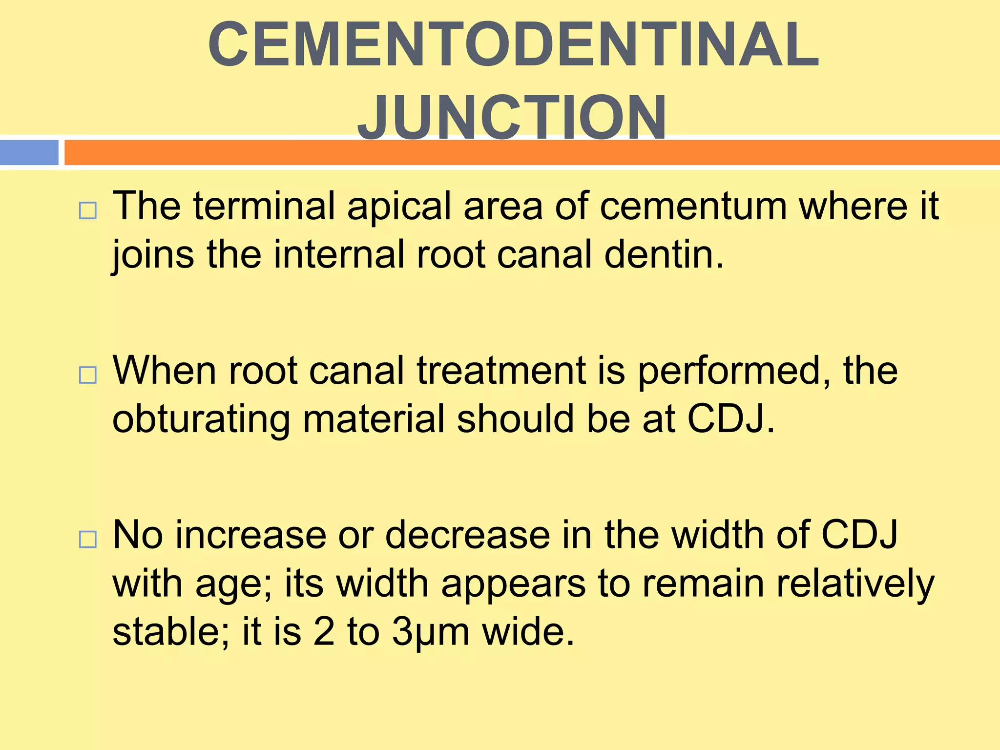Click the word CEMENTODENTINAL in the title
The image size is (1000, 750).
point(513,45)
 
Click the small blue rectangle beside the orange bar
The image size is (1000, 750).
point(29,152)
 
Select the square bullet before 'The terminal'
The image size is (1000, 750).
point(87,211)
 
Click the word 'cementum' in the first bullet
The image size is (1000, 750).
point(693,206)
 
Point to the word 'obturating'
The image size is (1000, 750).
point(201,419)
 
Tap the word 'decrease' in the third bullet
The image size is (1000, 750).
point(467,535)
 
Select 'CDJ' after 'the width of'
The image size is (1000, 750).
point(859,535)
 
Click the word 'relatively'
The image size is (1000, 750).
point(854,583)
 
